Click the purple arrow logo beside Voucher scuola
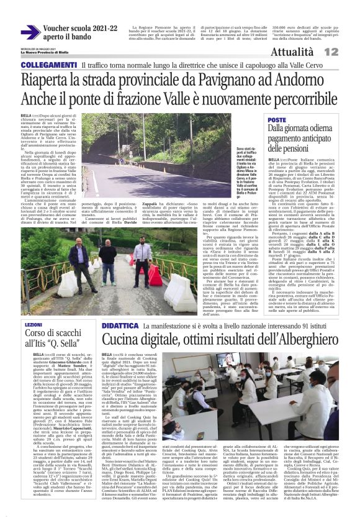click(x=30, y=32)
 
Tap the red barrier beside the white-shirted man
click(x=154, y=276)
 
